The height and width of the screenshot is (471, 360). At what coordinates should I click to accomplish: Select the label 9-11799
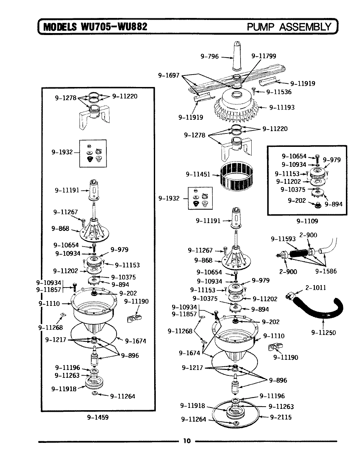[x=263, y=56]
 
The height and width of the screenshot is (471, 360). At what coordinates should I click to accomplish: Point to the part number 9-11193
[x=281, y=107]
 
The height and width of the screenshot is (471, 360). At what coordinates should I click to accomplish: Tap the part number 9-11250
[x=323, y=333]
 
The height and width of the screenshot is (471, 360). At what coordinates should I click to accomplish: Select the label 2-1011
[x=315, y=288]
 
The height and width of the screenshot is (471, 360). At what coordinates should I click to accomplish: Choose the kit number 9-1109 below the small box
[x=307, y=221]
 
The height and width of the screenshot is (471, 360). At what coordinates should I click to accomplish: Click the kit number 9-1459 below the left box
[x=98, y=417]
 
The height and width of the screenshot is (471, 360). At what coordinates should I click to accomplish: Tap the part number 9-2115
[x=281, y=417]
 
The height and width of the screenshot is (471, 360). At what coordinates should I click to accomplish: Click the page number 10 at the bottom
[x=187, y=441]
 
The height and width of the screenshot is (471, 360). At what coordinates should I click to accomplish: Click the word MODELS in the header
[x=59, y=26]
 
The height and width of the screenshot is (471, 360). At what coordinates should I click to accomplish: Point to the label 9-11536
[x=278, y=92]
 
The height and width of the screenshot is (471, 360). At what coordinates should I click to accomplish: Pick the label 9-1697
[x=169, y=76]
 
